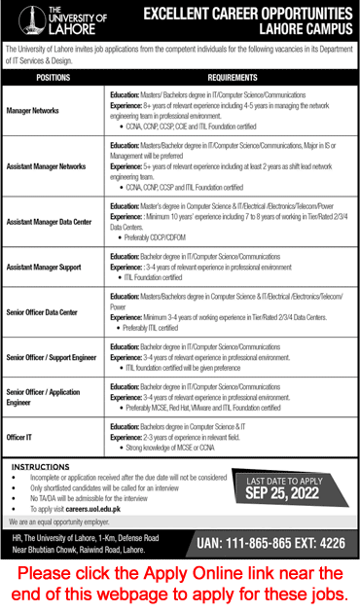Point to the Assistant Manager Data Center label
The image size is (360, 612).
pyautogui.click(x=50, y=223)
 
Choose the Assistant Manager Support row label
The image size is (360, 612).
pyautogui.click(x=43, y=266)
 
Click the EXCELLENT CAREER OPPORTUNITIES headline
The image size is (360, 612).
pyautogui.click(x=247, y=14)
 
